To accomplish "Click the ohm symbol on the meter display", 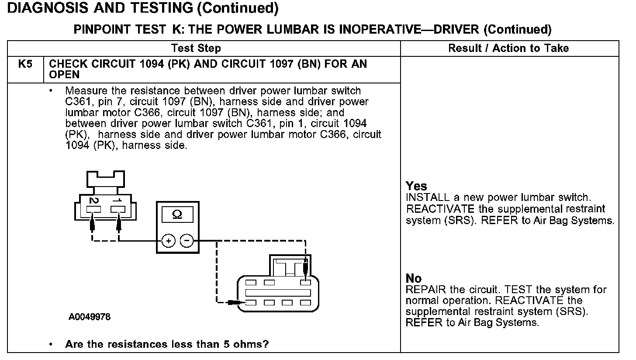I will (x=177, y=215).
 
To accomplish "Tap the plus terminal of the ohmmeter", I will (x=169, y=241).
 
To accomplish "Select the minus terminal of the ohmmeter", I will (x=187, y=241).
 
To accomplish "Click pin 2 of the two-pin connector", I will (x=93, y=209).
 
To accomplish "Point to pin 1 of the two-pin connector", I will (x=118, y=209).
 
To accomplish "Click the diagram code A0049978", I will (x=89, y=317).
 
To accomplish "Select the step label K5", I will (x=25, y=64).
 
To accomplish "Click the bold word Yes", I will (x=416, y=186).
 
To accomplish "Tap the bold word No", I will (x=414, y=278).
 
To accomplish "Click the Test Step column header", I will (x=196, y=48).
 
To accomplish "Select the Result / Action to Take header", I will (x=508, y=48).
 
